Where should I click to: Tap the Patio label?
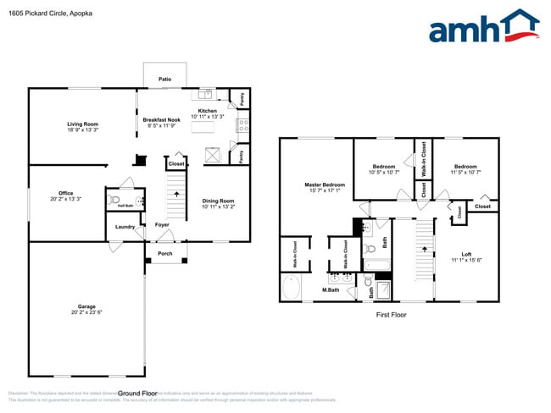click(x=164, y=80)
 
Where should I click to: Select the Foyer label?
click(x=162, y=224)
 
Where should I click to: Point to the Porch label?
click(x=164, y=253)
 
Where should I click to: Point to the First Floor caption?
click(x=391, y=314)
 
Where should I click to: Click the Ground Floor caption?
click(x=137, y=393)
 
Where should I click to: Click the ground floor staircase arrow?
click(x=176, y=194)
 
